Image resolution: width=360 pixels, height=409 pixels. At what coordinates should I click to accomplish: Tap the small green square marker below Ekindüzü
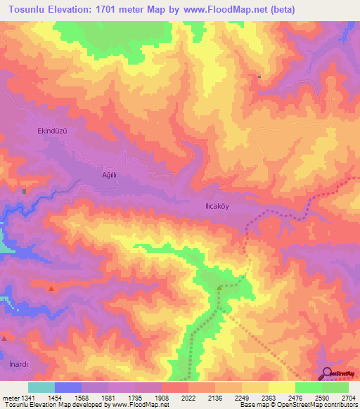[x=24, y=190]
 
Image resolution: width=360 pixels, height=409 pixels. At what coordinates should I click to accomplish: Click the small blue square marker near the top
[x=259, y=77]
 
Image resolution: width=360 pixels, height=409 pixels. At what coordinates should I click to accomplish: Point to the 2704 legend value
[x=347, y=397]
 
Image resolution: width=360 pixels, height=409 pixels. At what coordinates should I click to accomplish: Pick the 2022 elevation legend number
[x=188, y=397]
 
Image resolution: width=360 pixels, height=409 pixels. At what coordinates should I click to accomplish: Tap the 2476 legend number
[x=295, y=397]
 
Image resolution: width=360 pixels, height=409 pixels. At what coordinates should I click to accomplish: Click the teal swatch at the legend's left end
[x=41, y=387]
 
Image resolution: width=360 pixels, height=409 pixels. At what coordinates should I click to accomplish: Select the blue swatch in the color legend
[x=67, y=387]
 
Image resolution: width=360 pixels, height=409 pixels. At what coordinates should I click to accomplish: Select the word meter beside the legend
[x=10, y=397]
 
